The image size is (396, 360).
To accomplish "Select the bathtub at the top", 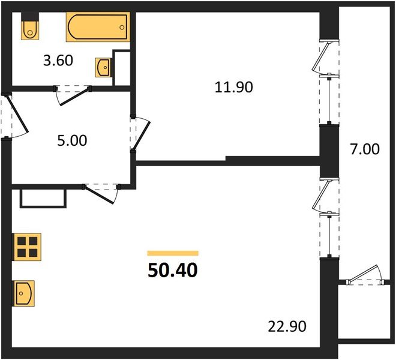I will (97, 28).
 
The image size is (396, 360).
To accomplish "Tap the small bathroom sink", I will (103, 67).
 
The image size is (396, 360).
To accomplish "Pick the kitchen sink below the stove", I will (24, 293).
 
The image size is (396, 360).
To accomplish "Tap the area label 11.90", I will (234, 86).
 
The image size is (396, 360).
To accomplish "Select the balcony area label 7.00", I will (364, 148).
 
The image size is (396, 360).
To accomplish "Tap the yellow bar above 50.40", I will (173, 253).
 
